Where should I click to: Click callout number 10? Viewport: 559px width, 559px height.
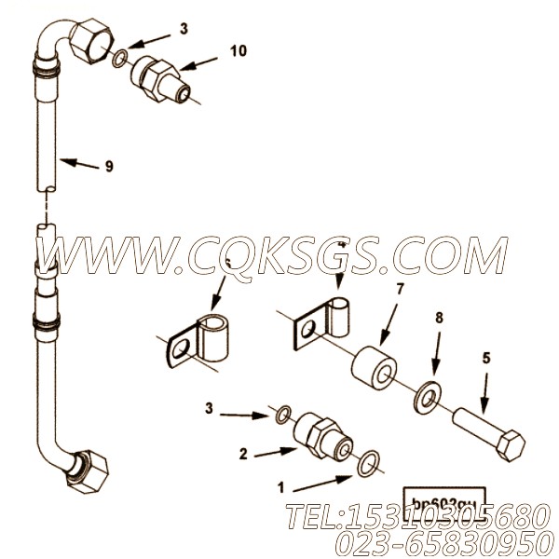click(238, 50)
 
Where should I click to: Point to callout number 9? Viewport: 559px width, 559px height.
click(109, 166)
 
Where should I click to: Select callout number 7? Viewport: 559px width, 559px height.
click(400, 288)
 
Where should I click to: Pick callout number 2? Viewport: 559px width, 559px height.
click(243, 455)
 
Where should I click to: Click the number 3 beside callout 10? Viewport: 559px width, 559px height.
click(184, 29)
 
